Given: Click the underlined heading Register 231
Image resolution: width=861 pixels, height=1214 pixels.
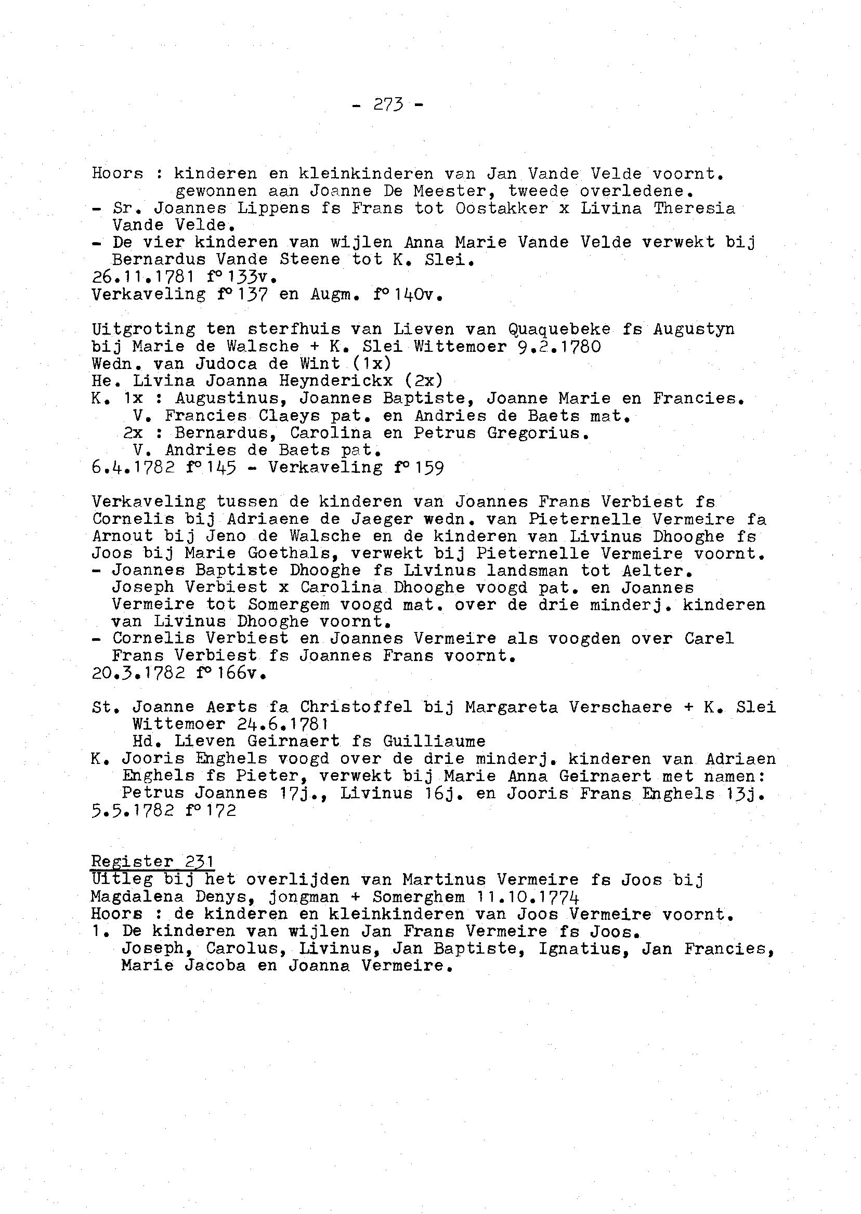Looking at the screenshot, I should click(x=152, y=862).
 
